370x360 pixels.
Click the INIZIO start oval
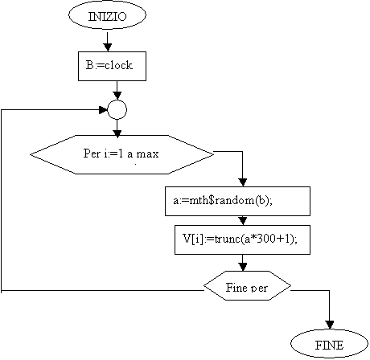tap(107, 15)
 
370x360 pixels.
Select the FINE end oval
tap(329, 344)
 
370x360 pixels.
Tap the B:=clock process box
tap(112, 66)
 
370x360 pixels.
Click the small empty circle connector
tap(117, 110)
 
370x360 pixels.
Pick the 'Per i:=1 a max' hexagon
tap(122, 154)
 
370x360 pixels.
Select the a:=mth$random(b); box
tap(237, 201)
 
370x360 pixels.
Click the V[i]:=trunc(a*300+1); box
tap(242, 239)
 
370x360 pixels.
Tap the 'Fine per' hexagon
tap(247, 285)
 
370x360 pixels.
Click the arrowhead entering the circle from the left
tap(103, 110)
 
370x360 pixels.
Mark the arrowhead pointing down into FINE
tap(330, 325)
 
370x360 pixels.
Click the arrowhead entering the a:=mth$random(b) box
tap(243, 182)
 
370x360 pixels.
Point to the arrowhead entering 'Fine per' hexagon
tap(243, 267)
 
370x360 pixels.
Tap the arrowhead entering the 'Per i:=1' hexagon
tap(117, 134)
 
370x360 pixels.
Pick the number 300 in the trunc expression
tap(266, 239)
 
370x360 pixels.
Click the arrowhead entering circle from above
tap(117, 96)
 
